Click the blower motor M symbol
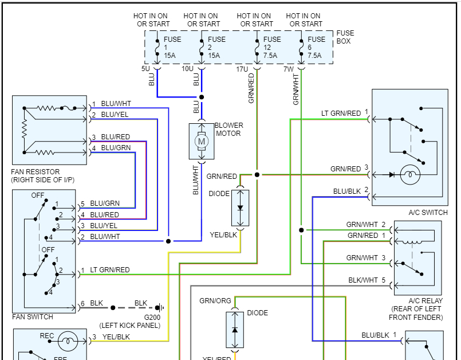coord(201,140)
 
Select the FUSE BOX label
coord(345,37)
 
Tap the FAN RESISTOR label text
coord(36,172)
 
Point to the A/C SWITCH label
coord(428,213)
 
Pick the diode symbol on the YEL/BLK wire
coord(240,208)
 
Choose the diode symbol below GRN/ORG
coord(235,331)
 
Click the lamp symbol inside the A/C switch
coord(410,175)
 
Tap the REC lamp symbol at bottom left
coord(68,341)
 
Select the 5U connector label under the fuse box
coord(146,69)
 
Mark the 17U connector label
coord(242,69)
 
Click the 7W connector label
coord(288,69)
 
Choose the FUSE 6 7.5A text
coord(316,48)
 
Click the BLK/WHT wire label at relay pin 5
coord(363,280)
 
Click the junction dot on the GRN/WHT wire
coord(301,230)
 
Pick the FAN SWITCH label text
coord(33,317)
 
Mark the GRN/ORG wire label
coord(215,301)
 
